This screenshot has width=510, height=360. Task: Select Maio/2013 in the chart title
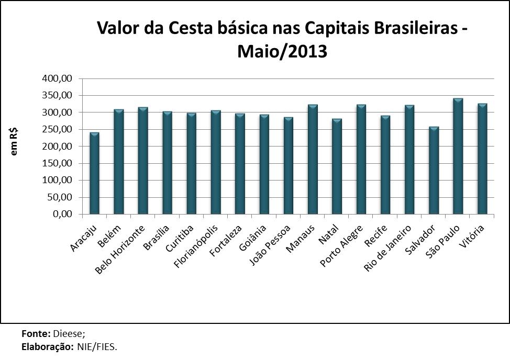282,51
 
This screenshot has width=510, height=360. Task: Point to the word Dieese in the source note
68,333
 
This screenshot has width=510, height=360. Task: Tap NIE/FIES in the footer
97,346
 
